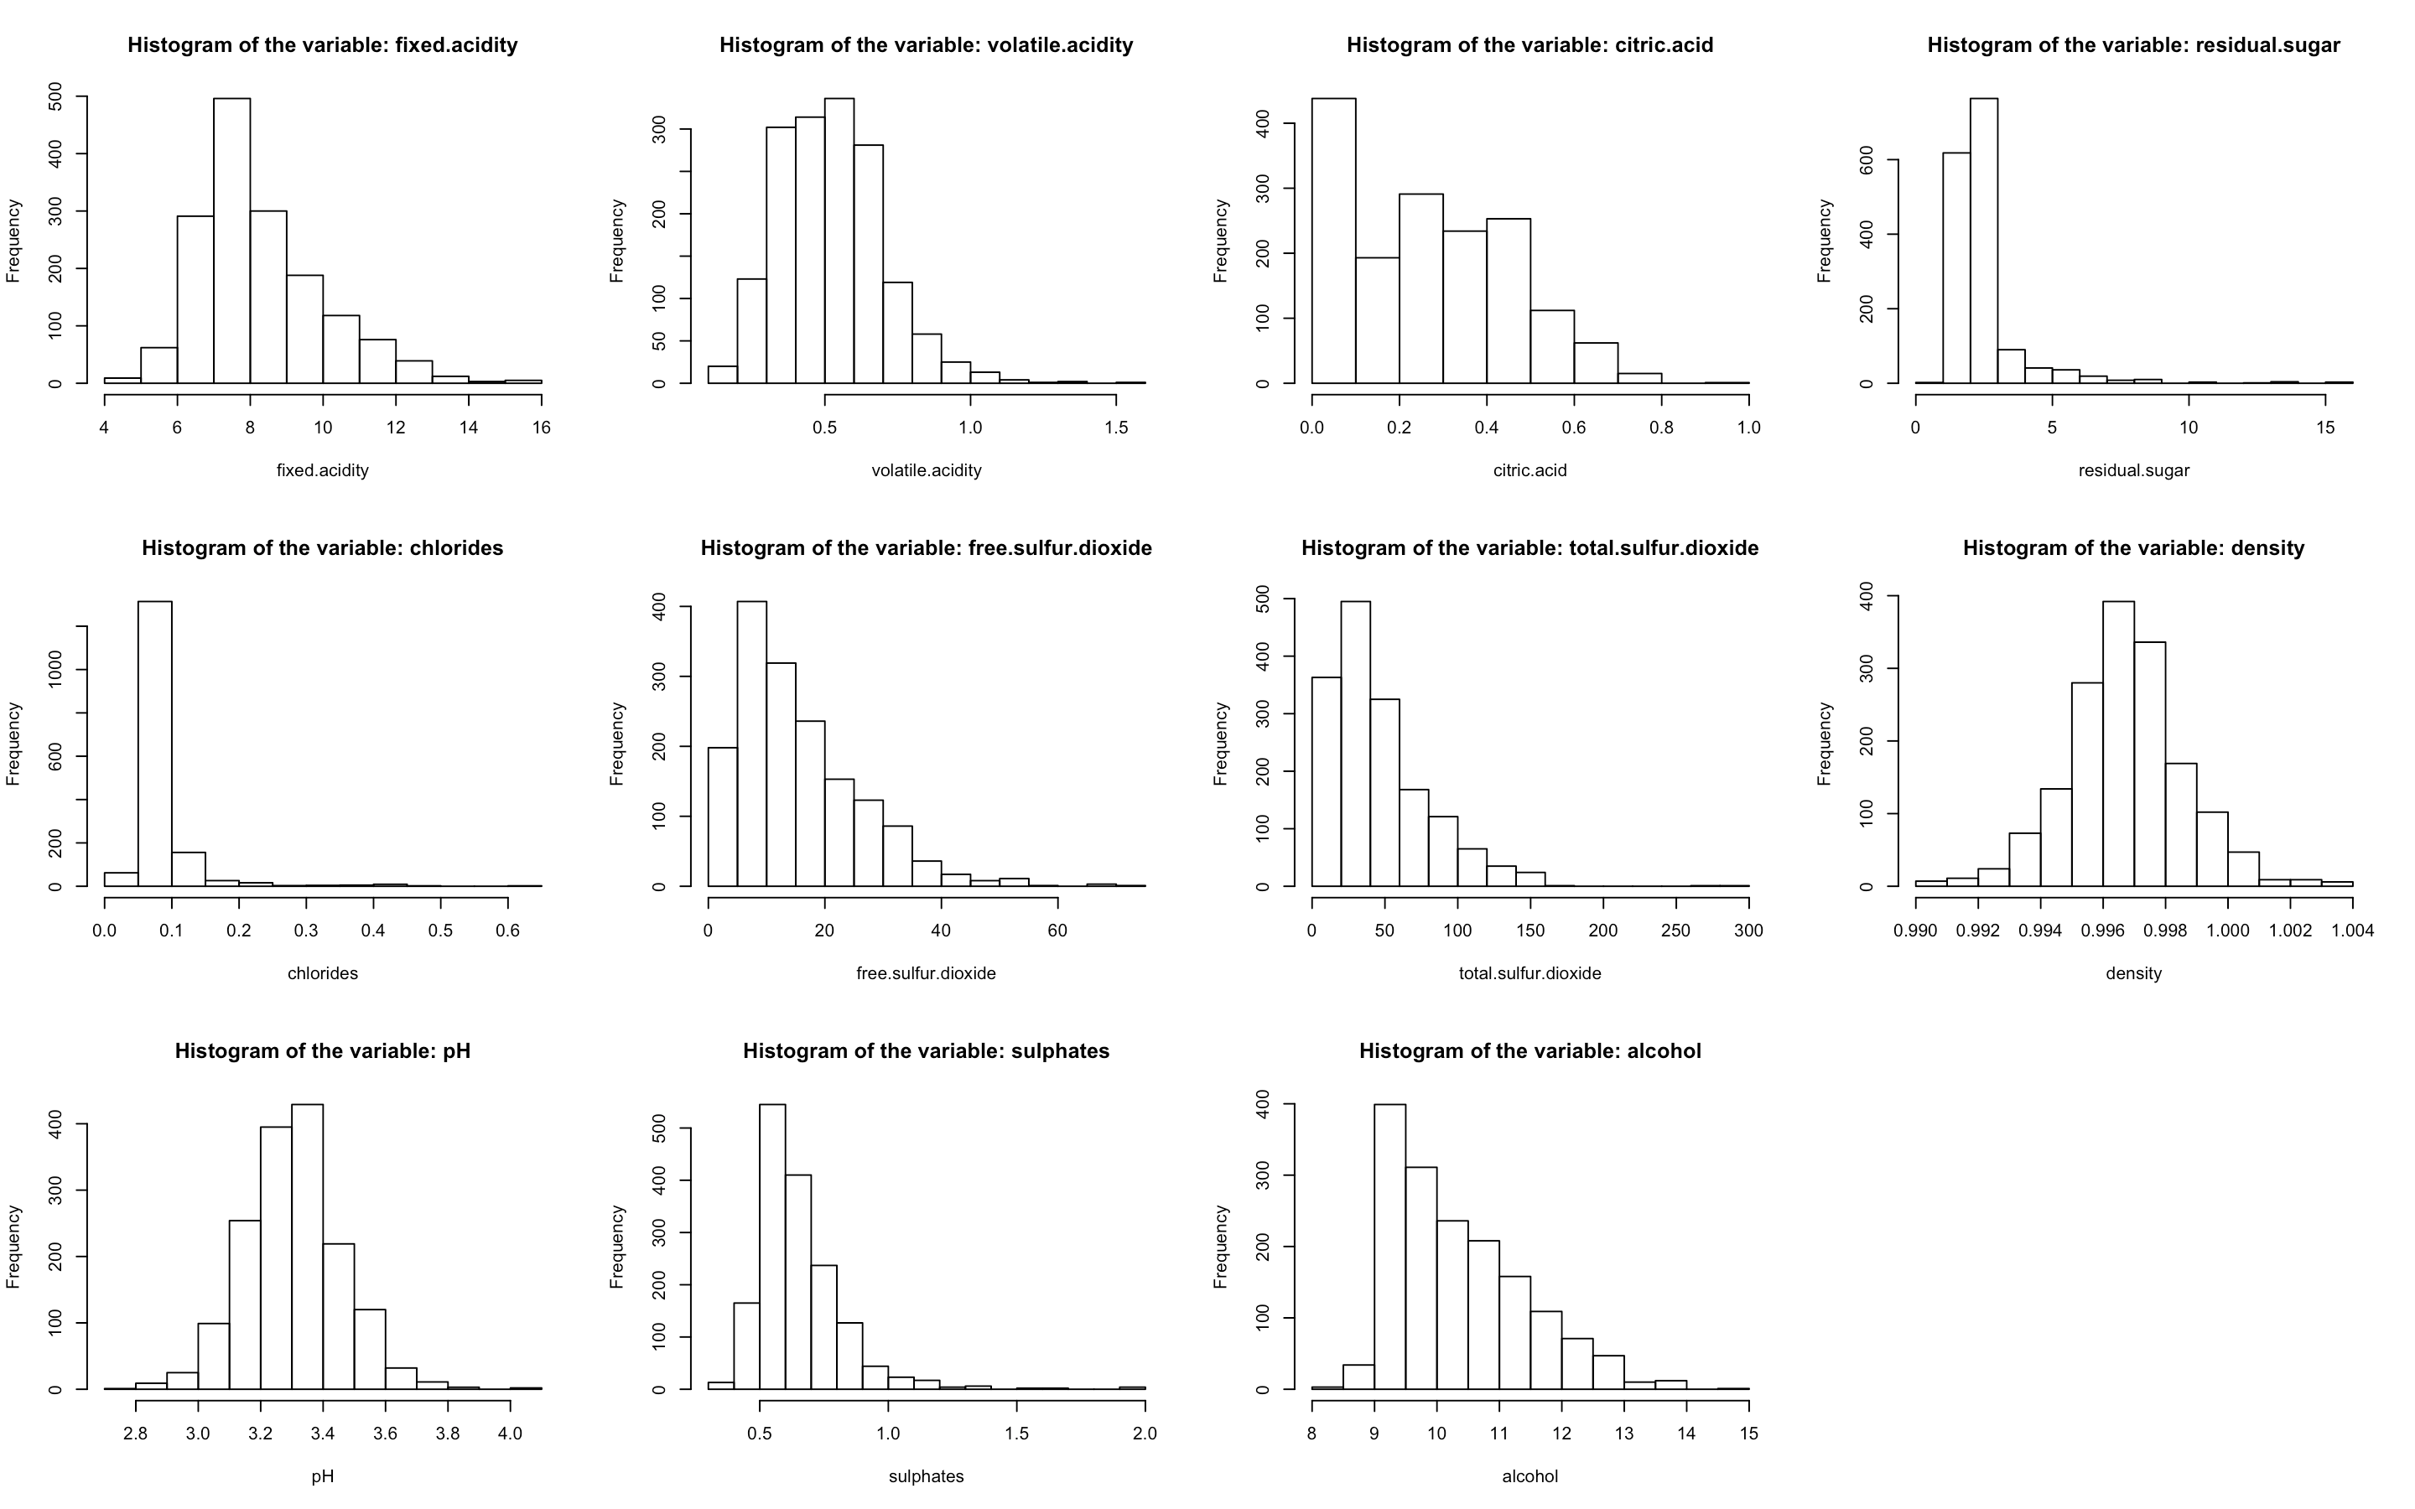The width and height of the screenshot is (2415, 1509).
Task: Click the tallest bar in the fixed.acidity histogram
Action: [231, 240]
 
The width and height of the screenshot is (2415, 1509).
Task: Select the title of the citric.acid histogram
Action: [1529, 45]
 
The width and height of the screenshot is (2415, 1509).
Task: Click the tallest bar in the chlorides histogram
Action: [154, 744]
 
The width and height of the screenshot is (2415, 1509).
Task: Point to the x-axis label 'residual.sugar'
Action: [2133, 470]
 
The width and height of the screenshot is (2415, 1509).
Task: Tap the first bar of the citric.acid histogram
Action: [1333, 240]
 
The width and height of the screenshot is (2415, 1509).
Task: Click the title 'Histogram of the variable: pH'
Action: [322, 1051]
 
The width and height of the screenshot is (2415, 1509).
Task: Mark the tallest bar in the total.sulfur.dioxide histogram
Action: [1355, 744]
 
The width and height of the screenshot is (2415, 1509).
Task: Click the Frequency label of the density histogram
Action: [1824, 744]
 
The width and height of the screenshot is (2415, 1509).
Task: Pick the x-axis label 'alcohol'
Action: [1529, 1476]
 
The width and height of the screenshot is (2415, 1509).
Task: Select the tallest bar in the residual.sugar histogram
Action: [1984, 240]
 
